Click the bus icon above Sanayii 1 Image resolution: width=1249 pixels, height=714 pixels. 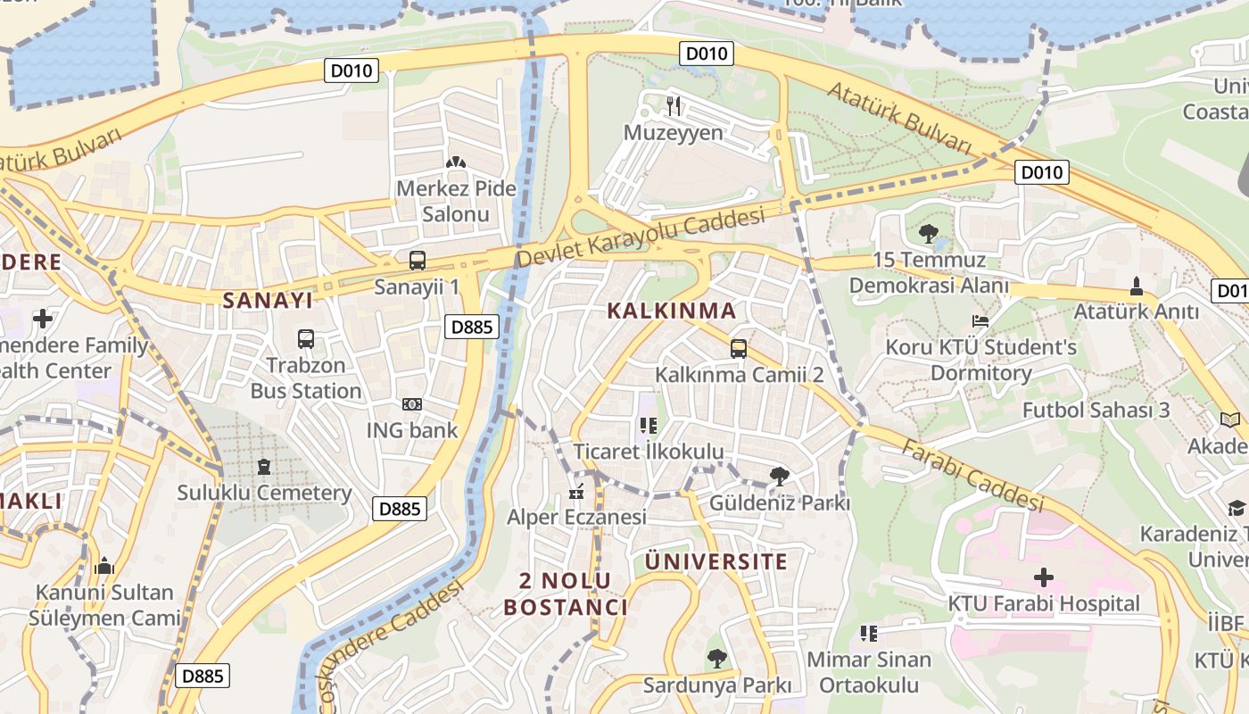coord(418,261)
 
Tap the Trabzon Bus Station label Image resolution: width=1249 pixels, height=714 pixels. coord(306,378)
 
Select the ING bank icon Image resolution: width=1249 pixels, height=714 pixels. coord(411,404)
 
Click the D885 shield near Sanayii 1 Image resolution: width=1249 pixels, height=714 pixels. coord(471,327)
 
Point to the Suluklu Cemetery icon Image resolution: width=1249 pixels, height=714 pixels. coord(263,467)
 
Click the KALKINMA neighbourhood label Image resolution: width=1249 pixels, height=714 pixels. coord(672,311)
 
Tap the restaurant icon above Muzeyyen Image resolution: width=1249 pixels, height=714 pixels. coord(674,106)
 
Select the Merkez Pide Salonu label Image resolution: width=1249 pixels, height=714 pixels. coord(456,202)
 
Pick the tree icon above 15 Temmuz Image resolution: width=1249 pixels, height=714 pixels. coord(929,235)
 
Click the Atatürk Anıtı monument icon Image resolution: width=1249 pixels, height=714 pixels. coord(1137,286)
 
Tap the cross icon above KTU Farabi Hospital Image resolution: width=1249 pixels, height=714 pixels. coord(1043,577)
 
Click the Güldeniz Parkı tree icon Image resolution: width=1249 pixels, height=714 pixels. coord(779,477)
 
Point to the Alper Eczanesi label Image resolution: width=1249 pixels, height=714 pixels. coord(576,518)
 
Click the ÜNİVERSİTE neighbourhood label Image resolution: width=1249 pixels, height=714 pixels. coord(715,561)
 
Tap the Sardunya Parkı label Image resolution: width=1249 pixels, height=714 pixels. coord(717,685)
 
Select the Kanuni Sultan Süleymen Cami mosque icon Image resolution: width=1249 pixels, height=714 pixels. coord(104,566)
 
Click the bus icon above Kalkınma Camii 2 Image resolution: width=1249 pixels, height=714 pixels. coord(739,349)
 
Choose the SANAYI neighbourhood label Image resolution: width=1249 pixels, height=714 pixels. coord(268,300)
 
